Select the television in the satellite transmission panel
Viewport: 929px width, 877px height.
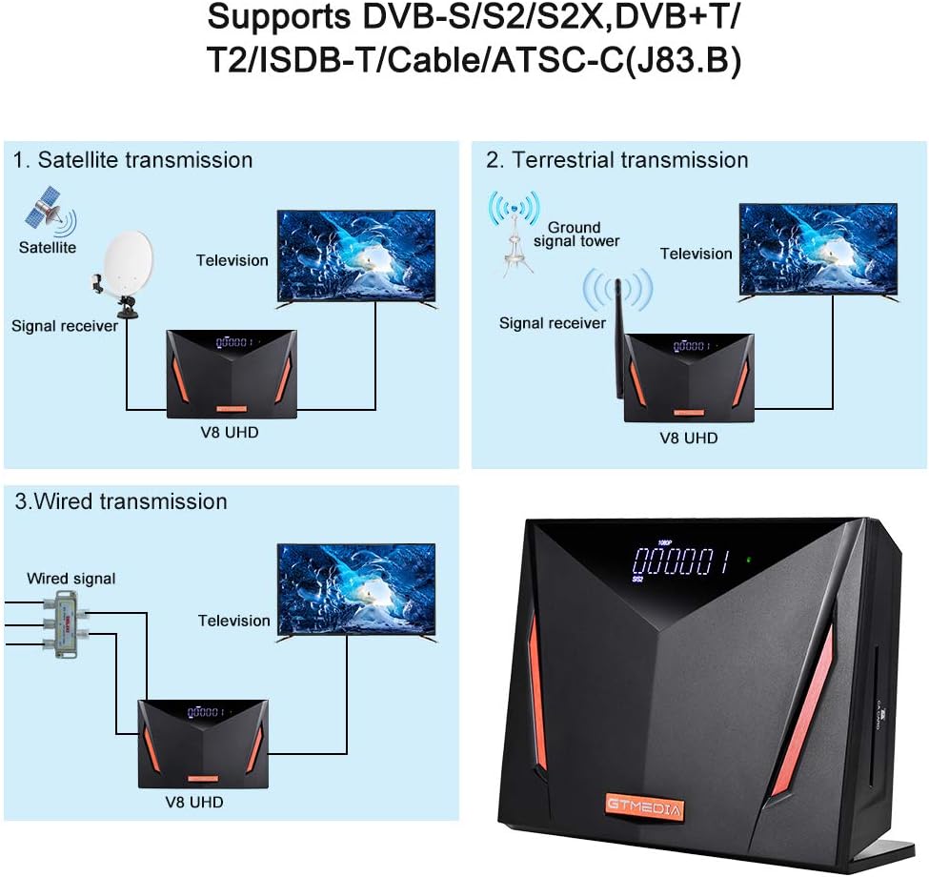click(355, 257)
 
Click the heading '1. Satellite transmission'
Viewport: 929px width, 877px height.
click(132, 159)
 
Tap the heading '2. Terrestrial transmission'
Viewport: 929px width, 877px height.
click(617, 159)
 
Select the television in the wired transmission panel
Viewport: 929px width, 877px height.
click(355, 591)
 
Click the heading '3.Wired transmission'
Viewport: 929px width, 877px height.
click(120, 500)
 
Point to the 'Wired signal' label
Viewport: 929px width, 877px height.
click(71, 578)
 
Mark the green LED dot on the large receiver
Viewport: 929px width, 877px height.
click(749, 560)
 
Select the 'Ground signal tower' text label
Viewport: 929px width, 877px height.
click(576, 234)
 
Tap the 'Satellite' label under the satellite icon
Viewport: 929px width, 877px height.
click(47, 247)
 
